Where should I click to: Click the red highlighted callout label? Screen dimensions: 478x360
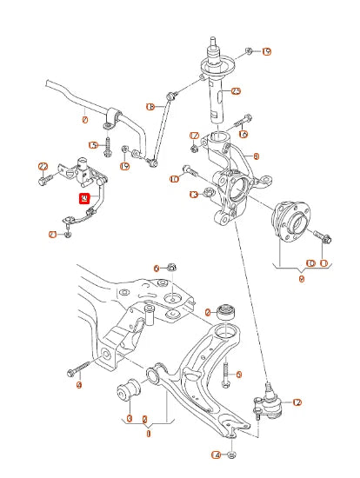(x=84, y=199)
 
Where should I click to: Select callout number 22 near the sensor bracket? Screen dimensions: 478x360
(x=42, y=166)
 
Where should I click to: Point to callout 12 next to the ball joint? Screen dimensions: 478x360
(x=297, y=402)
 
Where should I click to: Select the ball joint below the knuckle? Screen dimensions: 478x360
(x=264, y=402)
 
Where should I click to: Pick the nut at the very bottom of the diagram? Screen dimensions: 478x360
(x=233, y=454)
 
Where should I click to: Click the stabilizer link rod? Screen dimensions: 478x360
(x=163, y=130)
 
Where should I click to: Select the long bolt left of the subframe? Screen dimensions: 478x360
(x=76, y=368)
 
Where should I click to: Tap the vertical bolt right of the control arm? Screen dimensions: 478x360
(x=225, y=375)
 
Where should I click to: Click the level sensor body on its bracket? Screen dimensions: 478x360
(x=84, y=169)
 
